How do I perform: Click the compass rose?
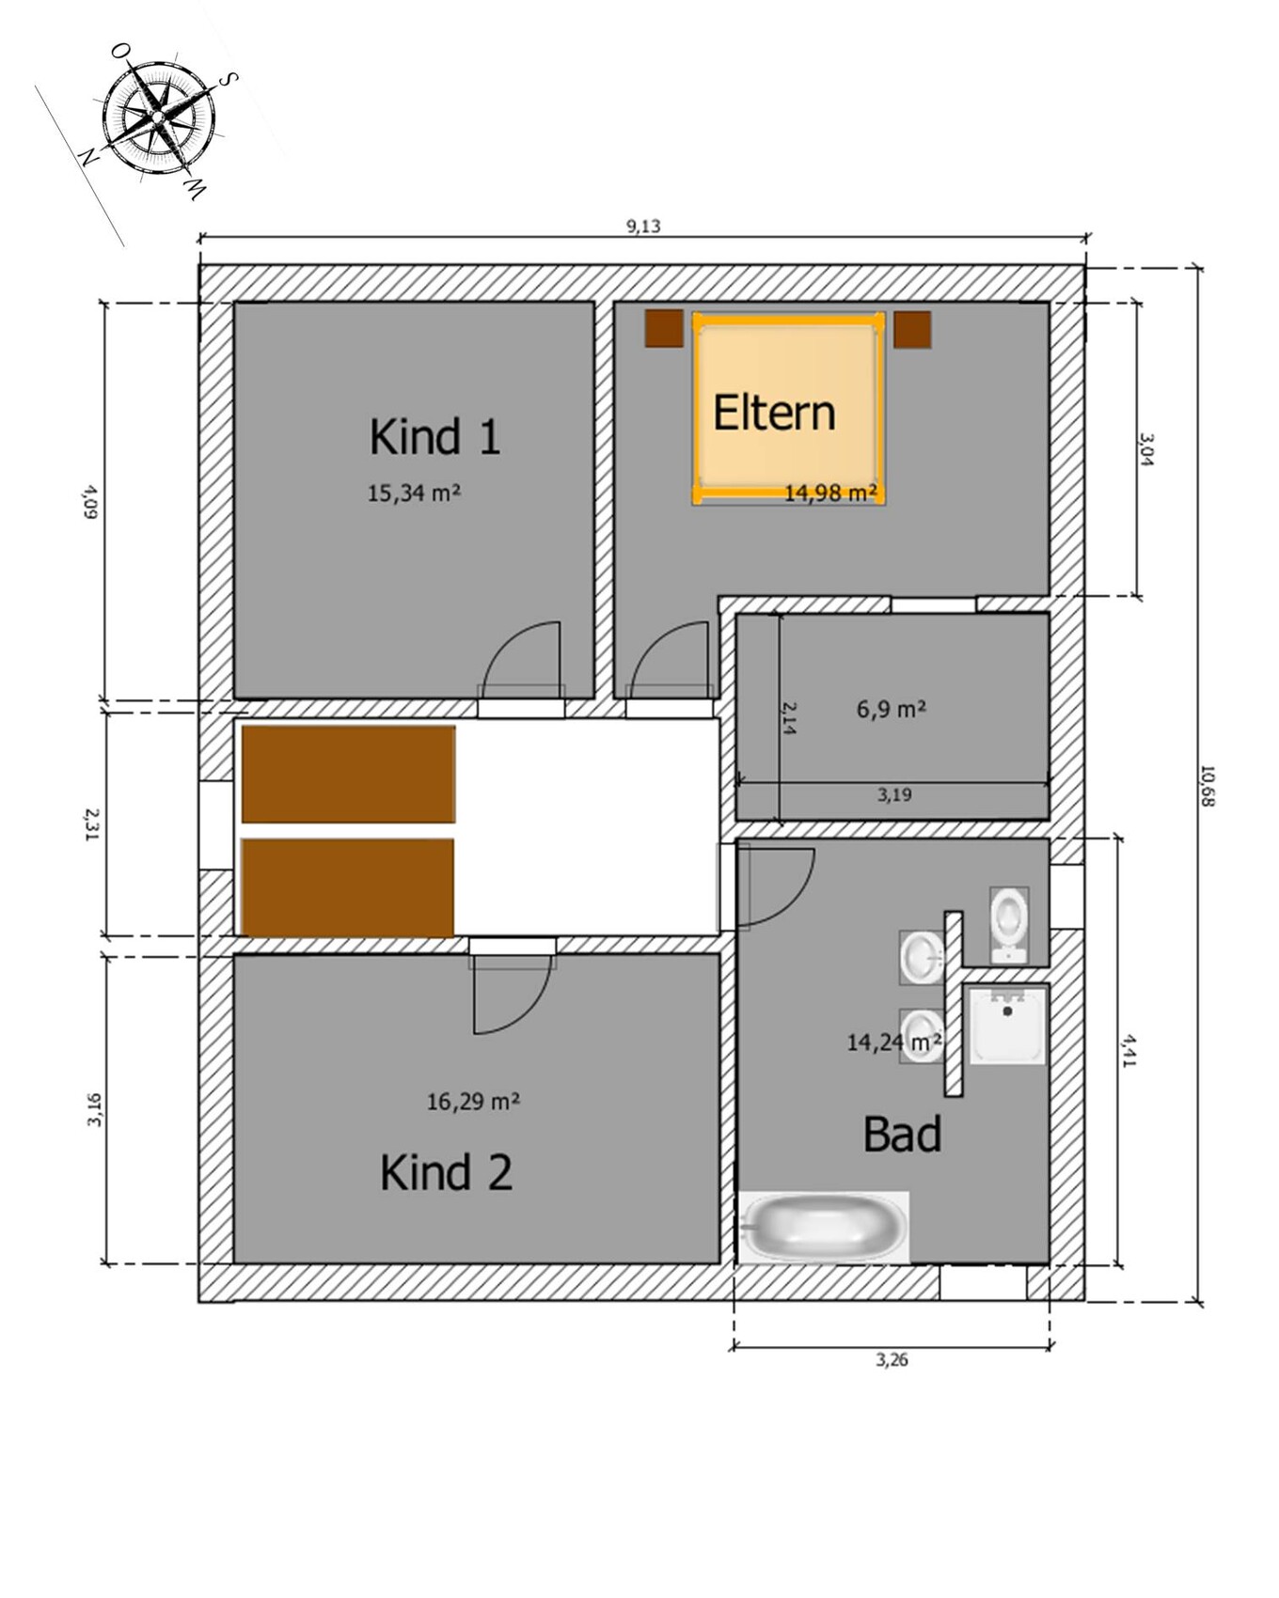(158, 117)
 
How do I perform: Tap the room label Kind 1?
(434, 437)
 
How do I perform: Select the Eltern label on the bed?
(774, 413)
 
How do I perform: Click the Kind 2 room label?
(447, 1172)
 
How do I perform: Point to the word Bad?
(902, 1134)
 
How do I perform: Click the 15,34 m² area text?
(414, 493)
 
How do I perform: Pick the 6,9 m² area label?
(891, 709)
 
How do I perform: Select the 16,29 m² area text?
(473, 1101)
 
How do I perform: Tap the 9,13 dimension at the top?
(643, 226)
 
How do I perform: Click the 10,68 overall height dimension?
(1208, 786)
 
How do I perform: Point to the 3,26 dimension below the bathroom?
(892, 1359)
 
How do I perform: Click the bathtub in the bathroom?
(824, 1227)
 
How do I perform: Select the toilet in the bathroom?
(1009, 924)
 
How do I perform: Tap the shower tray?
(1007, 1025)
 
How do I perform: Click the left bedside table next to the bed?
(664, 329)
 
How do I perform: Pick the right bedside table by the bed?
(912, 330)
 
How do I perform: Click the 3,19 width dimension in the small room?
(894, 794)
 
